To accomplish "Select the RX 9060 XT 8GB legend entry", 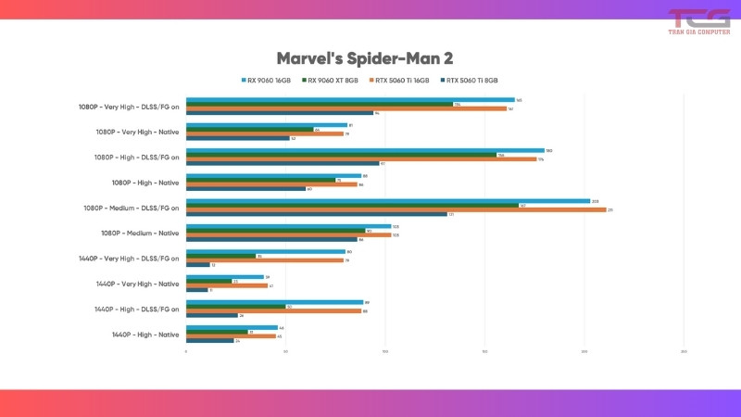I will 333,81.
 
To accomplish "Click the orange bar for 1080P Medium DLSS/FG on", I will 396,209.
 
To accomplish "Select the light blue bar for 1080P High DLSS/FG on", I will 365,150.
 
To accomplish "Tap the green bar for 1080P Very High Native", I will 250,130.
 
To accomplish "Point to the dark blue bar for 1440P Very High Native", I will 197,290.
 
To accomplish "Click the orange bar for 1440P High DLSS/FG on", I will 273,310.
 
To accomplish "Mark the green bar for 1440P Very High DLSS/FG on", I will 220,256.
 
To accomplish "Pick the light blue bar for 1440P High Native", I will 232,327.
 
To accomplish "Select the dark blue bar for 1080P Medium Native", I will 271,240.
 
